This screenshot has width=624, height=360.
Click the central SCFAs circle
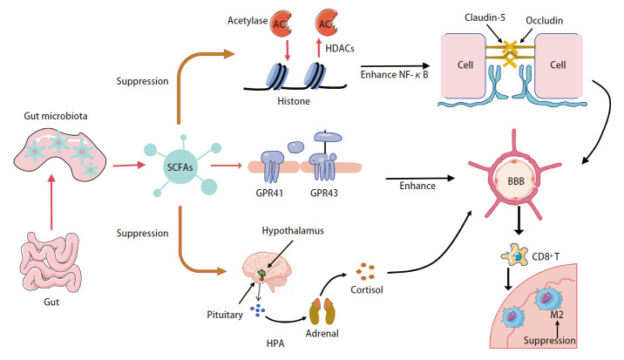(180, 166)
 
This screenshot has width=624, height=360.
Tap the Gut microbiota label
(56, 116)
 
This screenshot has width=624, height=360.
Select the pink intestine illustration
(51, 262)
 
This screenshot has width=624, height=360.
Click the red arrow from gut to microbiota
(51, 202)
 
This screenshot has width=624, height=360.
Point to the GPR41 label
(269, 194)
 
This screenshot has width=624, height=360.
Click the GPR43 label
(324, 194)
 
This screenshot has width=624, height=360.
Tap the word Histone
(294, 101)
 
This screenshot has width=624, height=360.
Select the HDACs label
(340, 49)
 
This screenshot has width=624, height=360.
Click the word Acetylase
(248, 21)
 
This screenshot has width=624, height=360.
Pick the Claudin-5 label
(485, 17)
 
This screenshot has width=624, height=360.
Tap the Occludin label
(545, 20)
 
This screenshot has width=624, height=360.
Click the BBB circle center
(516, 181)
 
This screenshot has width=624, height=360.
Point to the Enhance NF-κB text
(395, 74)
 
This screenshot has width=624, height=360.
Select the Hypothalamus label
(293, 231)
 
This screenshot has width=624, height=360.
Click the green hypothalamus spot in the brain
(261, 274)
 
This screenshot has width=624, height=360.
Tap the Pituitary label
(225, 315)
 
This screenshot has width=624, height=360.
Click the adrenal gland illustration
(322, 311)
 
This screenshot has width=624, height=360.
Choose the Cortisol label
(367, 289)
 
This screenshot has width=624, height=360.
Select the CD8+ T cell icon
(514, 255)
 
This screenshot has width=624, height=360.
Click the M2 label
(557, 315)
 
